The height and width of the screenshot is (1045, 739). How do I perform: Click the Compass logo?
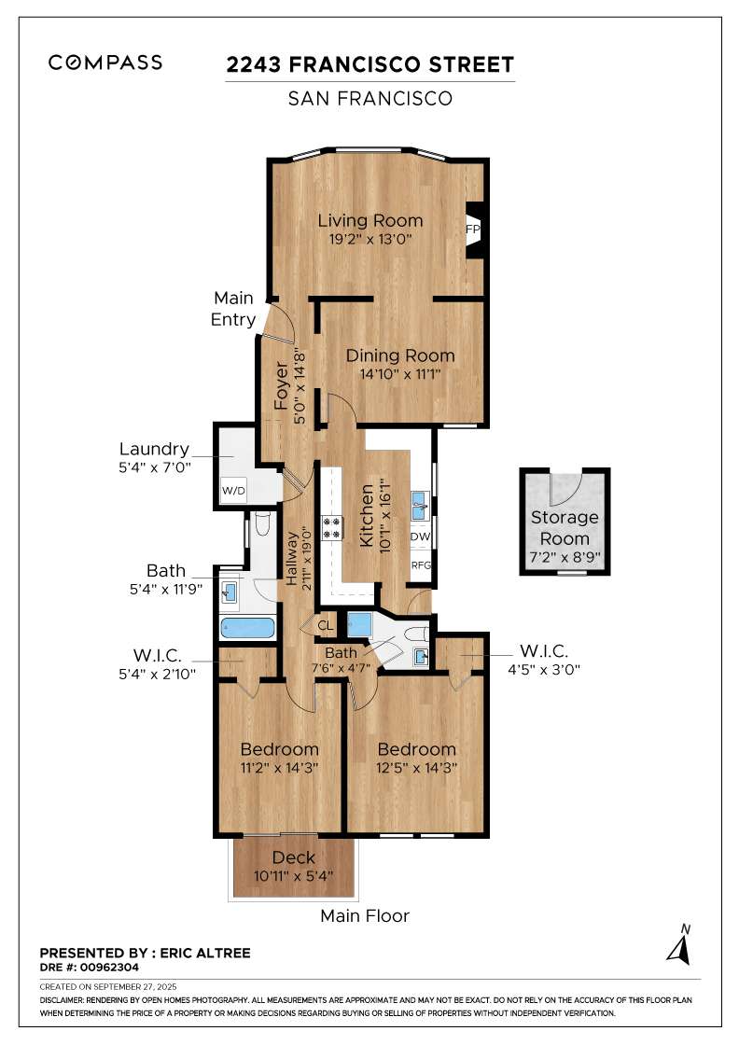[x=105, y=63]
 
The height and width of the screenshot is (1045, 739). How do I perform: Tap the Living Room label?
[x=369, y=220]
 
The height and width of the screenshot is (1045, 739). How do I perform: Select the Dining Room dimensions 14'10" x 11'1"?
[x=399, y=374]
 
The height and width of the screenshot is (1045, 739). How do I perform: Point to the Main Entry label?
[x=233, y=309]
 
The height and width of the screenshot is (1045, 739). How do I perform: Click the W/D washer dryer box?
[x=234, y=491]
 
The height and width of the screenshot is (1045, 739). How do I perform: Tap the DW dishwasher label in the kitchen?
[x=420, y=536]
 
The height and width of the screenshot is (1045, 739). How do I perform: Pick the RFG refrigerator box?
[x=421, y=565]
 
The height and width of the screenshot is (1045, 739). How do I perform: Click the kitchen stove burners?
[x=332, y=527]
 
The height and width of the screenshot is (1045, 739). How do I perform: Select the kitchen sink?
[x=419, y=506]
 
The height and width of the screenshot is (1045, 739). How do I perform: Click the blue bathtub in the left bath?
[x=247, y=628]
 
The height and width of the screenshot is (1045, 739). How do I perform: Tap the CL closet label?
[x=326, y=625]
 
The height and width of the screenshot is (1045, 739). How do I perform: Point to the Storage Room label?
[x=565, y=527]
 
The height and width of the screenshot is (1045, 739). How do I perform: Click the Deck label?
[x=293, y=857]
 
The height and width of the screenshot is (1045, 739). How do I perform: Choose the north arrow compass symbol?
[x=679, y=945]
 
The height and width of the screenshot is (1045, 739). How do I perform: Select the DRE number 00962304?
[x=109, y=967]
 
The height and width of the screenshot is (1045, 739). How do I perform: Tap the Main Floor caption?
[x=365, y=915]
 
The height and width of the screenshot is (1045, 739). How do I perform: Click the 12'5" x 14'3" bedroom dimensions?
[x=416, y=768]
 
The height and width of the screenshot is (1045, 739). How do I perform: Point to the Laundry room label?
[x=154, y=449]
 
